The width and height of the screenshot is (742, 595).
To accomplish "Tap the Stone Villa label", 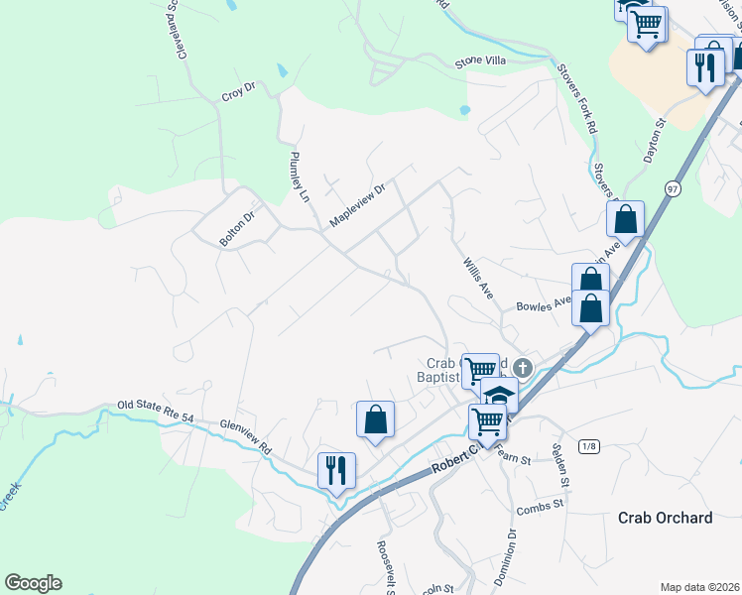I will pyautogui.click(x=480, y=60).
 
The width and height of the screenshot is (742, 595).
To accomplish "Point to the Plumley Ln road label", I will pyautogui.click(x=299, y=177).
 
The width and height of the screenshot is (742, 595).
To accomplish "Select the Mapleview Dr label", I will pyautogui.click(x=356, y=204).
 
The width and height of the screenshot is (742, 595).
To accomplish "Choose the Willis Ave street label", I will pyautogui.click(x=478, y=279).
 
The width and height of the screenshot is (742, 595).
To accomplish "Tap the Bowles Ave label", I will pyautogui.click(x=543, y=302).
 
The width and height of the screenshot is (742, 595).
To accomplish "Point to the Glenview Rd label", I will pyautogui.click(x=246, y=434).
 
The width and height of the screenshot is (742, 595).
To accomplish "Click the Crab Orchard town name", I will pyautogui.click(x=665, y=518).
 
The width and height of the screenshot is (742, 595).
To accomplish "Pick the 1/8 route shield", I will pyautogui.click(x=589, y=446).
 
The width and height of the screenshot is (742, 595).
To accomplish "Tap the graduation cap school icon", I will pyautogui.click(x=500, y=395).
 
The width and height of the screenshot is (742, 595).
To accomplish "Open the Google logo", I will pyautogui.click(x=33, y=583).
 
